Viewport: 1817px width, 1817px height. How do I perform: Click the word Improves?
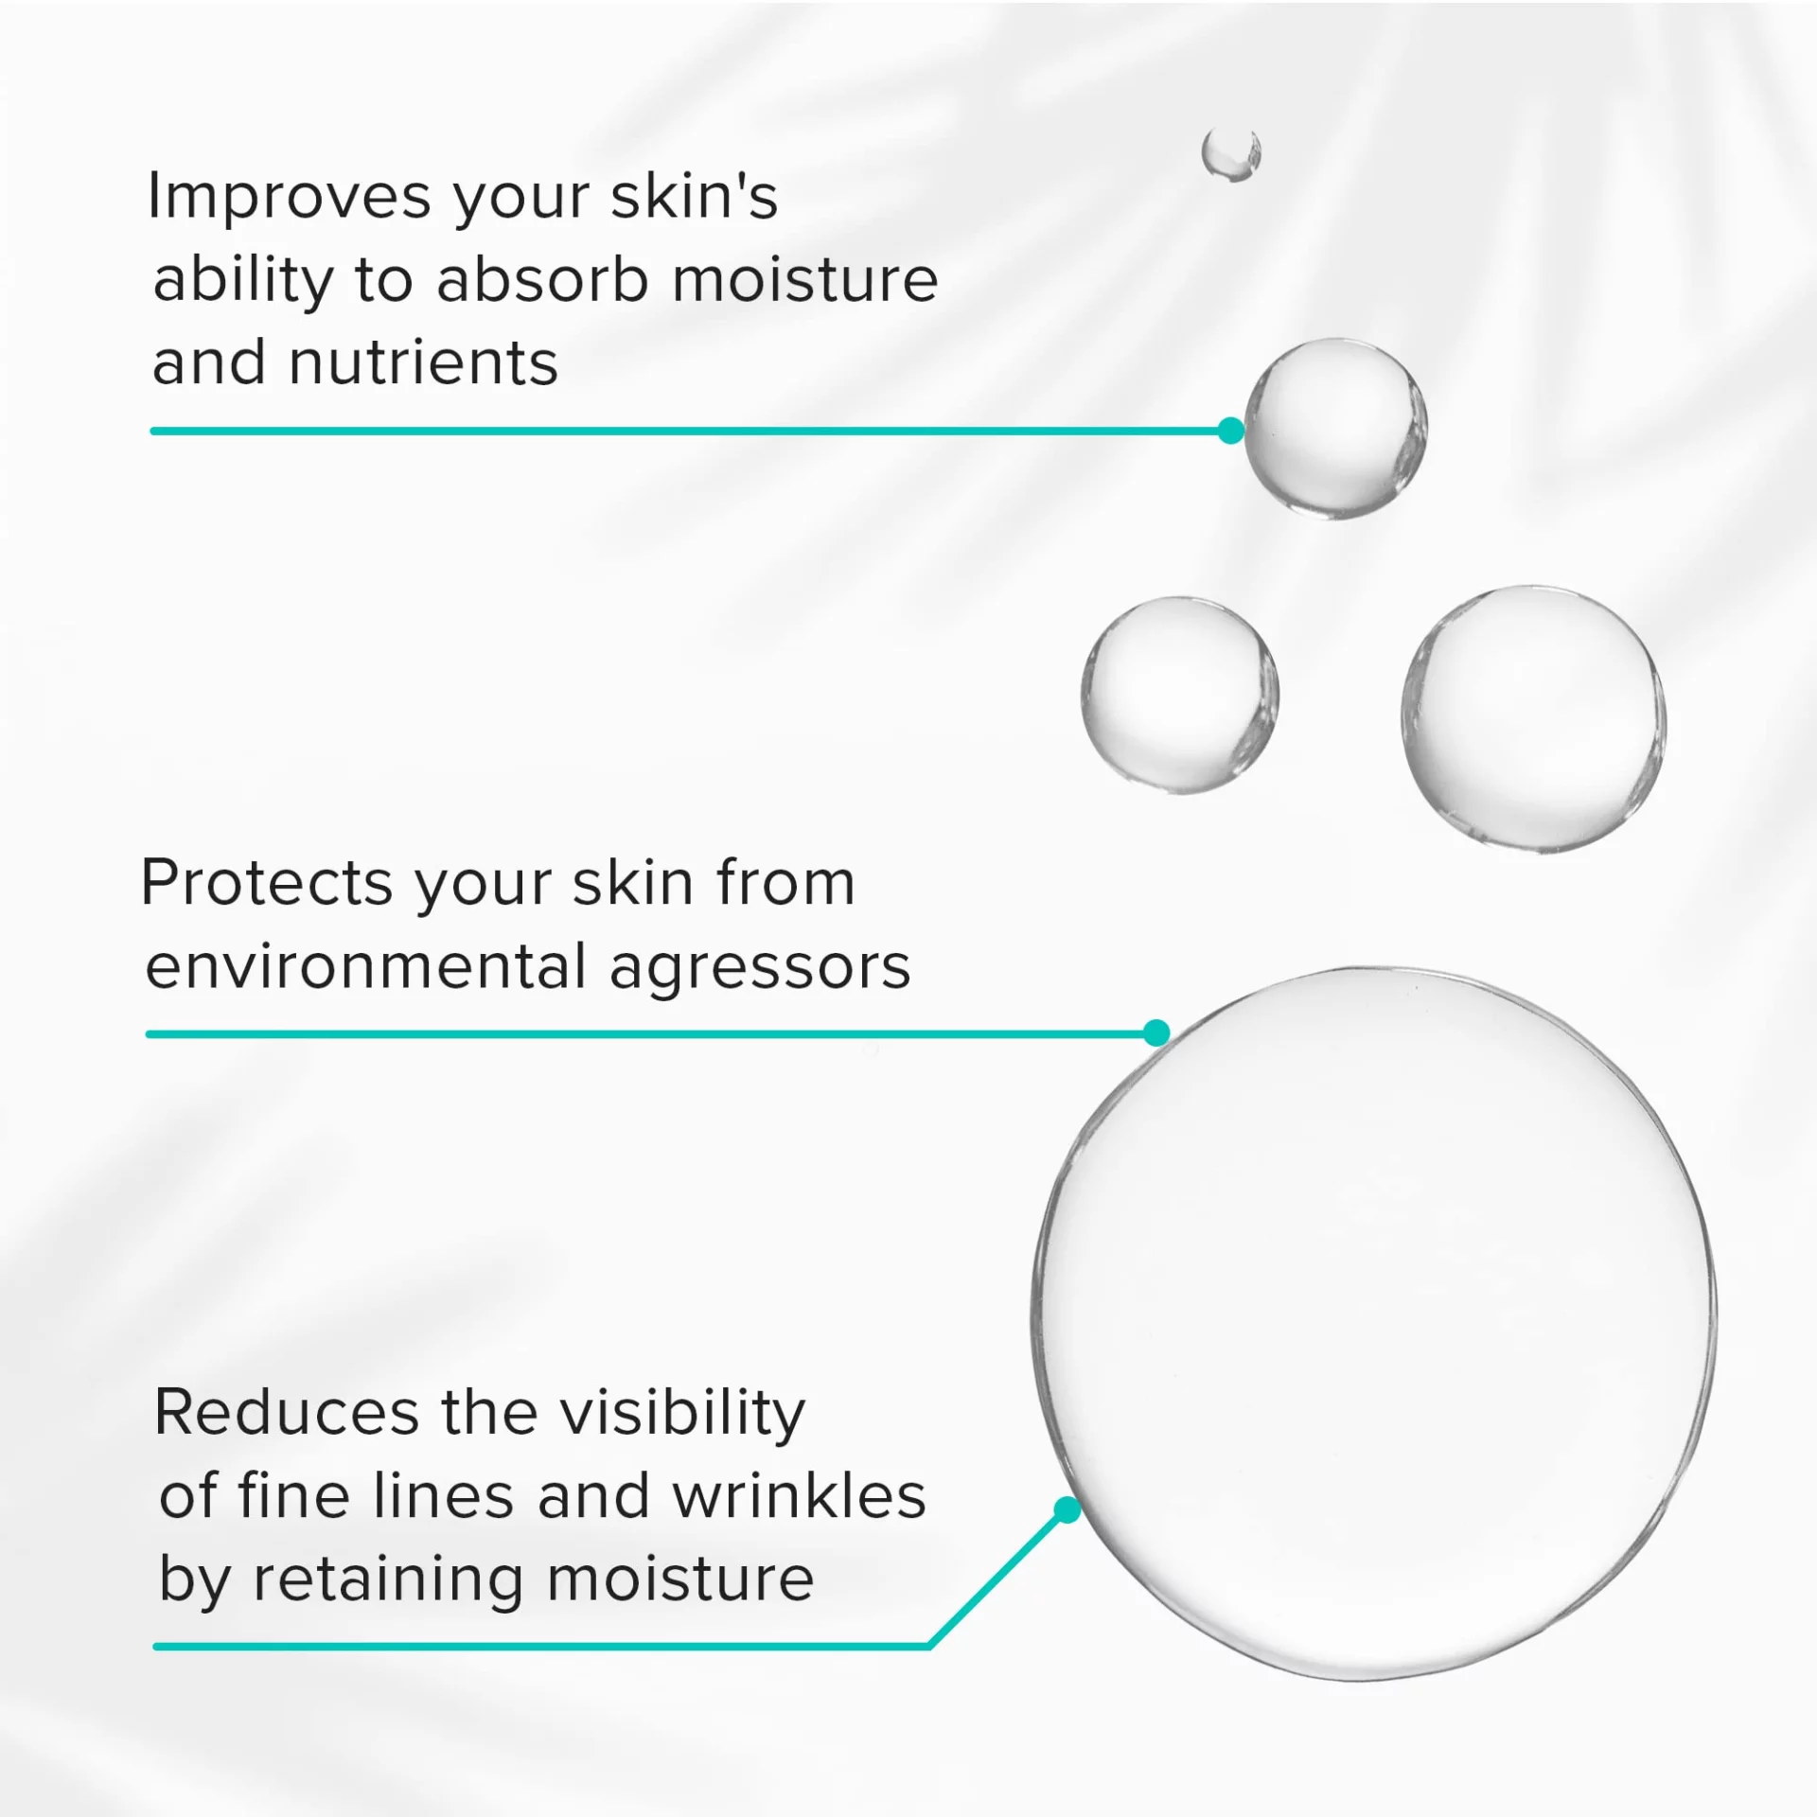(291, 198)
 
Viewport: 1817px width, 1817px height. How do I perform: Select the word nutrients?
(423, 363)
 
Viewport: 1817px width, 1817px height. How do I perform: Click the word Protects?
(266, 883)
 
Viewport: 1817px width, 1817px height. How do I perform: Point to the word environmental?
(366, 967)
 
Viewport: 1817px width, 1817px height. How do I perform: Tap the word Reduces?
(286, 1413)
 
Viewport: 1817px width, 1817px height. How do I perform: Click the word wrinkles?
(800, 1496)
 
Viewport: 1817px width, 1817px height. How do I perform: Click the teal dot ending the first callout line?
(1230, 431)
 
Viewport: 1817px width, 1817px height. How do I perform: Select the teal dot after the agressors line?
(1156, 1032)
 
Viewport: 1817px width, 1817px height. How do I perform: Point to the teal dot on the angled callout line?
(1067, 1511)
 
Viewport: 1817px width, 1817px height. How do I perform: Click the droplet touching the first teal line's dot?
(1335, 428)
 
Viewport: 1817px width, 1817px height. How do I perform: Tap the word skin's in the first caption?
(694, 197)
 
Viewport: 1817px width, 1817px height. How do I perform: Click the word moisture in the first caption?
(804, 280)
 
